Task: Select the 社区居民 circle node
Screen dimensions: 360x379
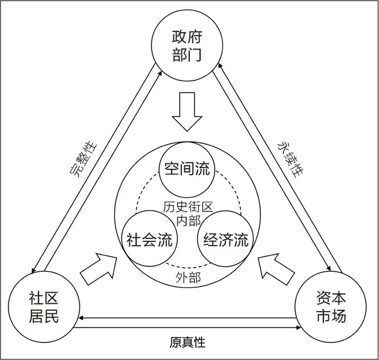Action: click(x=44, y=306)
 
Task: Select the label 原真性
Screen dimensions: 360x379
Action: click(x=187, y=342)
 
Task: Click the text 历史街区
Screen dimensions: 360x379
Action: click(x=187, y=206)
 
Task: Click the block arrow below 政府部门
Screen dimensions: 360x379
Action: click(x=187, y=110)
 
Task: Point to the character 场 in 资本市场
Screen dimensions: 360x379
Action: click(x=341, y=315)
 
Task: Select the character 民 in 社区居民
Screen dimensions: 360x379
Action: click(x=54, y=315)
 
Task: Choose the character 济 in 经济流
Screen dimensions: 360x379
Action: click(x=225, y=240)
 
